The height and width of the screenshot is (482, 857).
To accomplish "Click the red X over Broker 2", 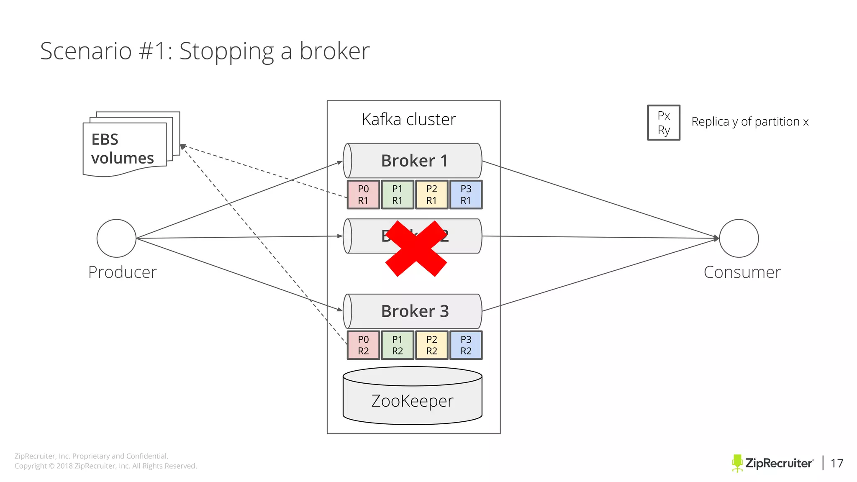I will point(416,249).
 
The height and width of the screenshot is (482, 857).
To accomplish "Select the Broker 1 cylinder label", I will point(414,161).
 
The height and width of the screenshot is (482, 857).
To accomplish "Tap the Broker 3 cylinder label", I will point(414,311).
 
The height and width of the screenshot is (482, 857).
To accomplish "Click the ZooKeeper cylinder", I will point(413,400).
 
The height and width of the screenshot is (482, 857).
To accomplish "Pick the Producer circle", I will point(116,238).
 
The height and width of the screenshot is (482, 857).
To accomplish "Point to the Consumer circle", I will point(739,238).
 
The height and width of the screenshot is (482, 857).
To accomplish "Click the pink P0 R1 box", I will point(363,195).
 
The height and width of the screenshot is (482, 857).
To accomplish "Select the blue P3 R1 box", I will point(466,195).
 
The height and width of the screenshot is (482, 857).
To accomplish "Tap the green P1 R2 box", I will point(398,345).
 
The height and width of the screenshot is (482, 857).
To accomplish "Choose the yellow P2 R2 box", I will point(431,345).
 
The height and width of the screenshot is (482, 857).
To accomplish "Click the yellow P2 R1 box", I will point(431,195).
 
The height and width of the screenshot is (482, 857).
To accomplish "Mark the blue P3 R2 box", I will point(466,345).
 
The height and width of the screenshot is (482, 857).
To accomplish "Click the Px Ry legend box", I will point(664,123).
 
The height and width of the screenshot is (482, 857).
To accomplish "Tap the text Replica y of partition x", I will point(750,122).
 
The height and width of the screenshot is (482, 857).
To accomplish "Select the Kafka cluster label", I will point(409,120).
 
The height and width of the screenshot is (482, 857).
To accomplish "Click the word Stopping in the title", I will point(226,51).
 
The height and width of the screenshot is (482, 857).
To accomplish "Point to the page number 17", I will point(837,463).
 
